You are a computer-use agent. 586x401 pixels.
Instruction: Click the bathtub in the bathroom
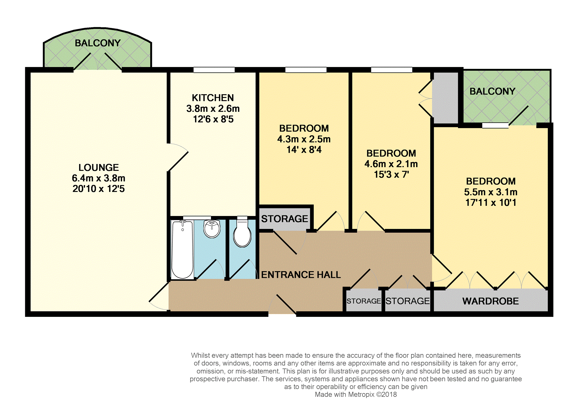[183, 250]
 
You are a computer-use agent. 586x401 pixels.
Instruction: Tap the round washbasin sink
[212, 229]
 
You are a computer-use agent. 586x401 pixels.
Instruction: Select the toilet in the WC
[242, 234]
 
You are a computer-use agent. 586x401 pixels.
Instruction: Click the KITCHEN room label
[213, 98]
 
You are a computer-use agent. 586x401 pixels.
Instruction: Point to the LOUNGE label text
[99, 167]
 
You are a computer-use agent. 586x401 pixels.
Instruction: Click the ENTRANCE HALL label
[301, 274]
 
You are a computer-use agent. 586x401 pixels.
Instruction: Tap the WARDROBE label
[491, 301]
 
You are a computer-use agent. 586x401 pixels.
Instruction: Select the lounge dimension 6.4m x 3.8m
[99, 178]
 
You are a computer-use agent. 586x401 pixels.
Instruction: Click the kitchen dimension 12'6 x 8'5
[213, 119]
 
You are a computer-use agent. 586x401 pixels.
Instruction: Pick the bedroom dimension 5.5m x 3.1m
[491, 192]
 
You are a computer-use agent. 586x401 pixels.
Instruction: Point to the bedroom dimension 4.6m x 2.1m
[391, 164]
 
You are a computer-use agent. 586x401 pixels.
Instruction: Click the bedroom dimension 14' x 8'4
[304, 150]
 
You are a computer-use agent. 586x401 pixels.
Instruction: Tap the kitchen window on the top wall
[214, 70]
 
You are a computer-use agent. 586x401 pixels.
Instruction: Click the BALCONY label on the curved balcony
[98, 43]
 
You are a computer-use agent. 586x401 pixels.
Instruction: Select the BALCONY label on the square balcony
[492, 91]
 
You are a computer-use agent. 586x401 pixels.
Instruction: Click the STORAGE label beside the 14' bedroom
[284, 219]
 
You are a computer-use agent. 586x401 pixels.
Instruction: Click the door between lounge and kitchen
[178, 158]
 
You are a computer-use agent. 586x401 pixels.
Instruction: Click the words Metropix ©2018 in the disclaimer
[372, 395]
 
